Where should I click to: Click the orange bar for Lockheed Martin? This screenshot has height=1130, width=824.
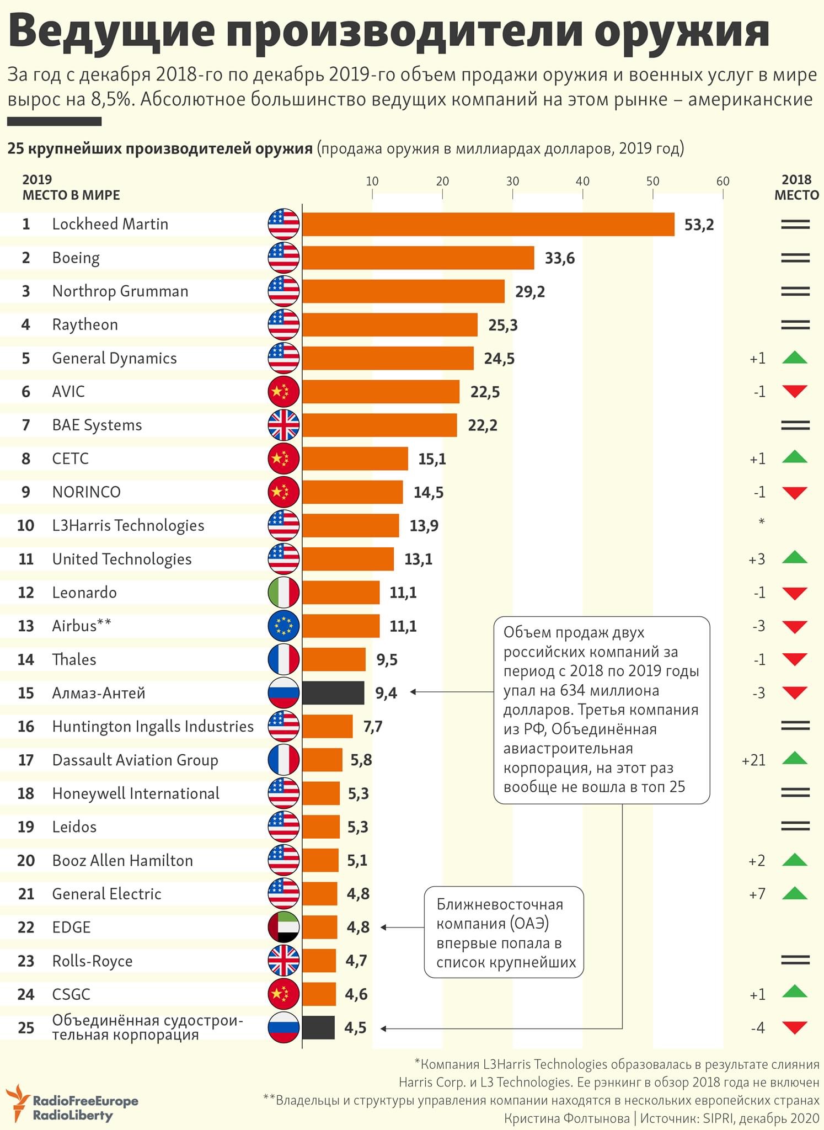488,224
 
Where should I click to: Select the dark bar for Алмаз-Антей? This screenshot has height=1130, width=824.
333,692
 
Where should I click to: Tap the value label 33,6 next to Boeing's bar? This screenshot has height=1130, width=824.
559,258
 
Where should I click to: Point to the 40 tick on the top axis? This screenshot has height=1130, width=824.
582,182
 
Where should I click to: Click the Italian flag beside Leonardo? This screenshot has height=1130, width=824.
283,593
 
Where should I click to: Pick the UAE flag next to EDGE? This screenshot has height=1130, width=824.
283,927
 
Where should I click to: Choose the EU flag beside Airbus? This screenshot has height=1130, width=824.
283,626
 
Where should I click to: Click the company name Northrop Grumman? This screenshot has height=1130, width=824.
120,291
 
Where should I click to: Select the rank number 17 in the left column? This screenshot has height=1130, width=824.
26,760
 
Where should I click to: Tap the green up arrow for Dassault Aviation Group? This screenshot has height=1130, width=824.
795,758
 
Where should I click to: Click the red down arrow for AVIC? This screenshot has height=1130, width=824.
795,392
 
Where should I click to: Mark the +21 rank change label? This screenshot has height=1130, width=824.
754,760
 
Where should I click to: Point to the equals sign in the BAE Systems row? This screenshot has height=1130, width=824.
795,425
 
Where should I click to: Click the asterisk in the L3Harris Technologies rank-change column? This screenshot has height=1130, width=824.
762,521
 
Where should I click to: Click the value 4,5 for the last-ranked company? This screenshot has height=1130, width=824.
355,1027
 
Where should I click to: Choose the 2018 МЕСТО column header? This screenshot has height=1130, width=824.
796,187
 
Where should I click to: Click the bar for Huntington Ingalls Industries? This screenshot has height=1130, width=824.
327,726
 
